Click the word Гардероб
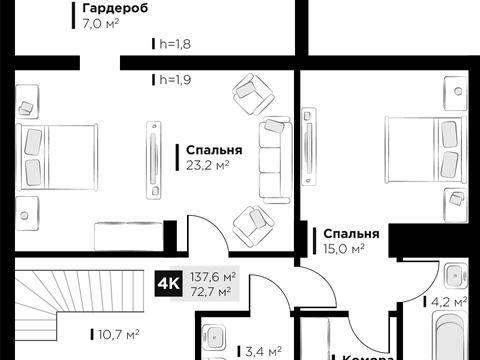point(116,7)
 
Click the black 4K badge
point(169,284)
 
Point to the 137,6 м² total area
point(215,277)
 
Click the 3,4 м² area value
point(264,350)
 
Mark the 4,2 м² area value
point(448,301)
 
